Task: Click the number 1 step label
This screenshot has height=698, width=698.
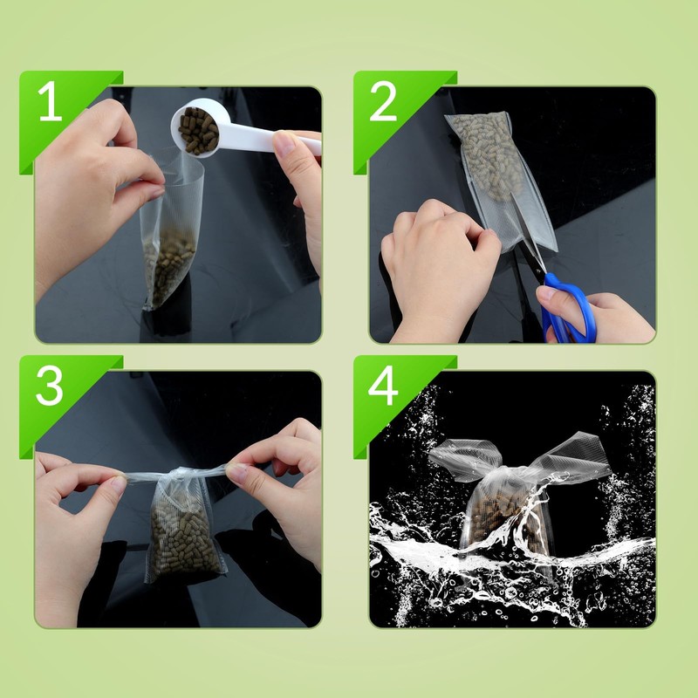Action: coord(50,100)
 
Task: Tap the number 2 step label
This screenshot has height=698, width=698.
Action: coord(383,100)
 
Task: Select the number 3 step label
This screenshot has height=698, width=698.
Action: coord(49,385)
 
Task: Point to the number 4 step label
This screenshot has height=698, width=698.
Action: coord(383,385)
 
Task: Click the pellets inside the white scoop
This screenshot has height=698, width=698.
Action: coord(199,130)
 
